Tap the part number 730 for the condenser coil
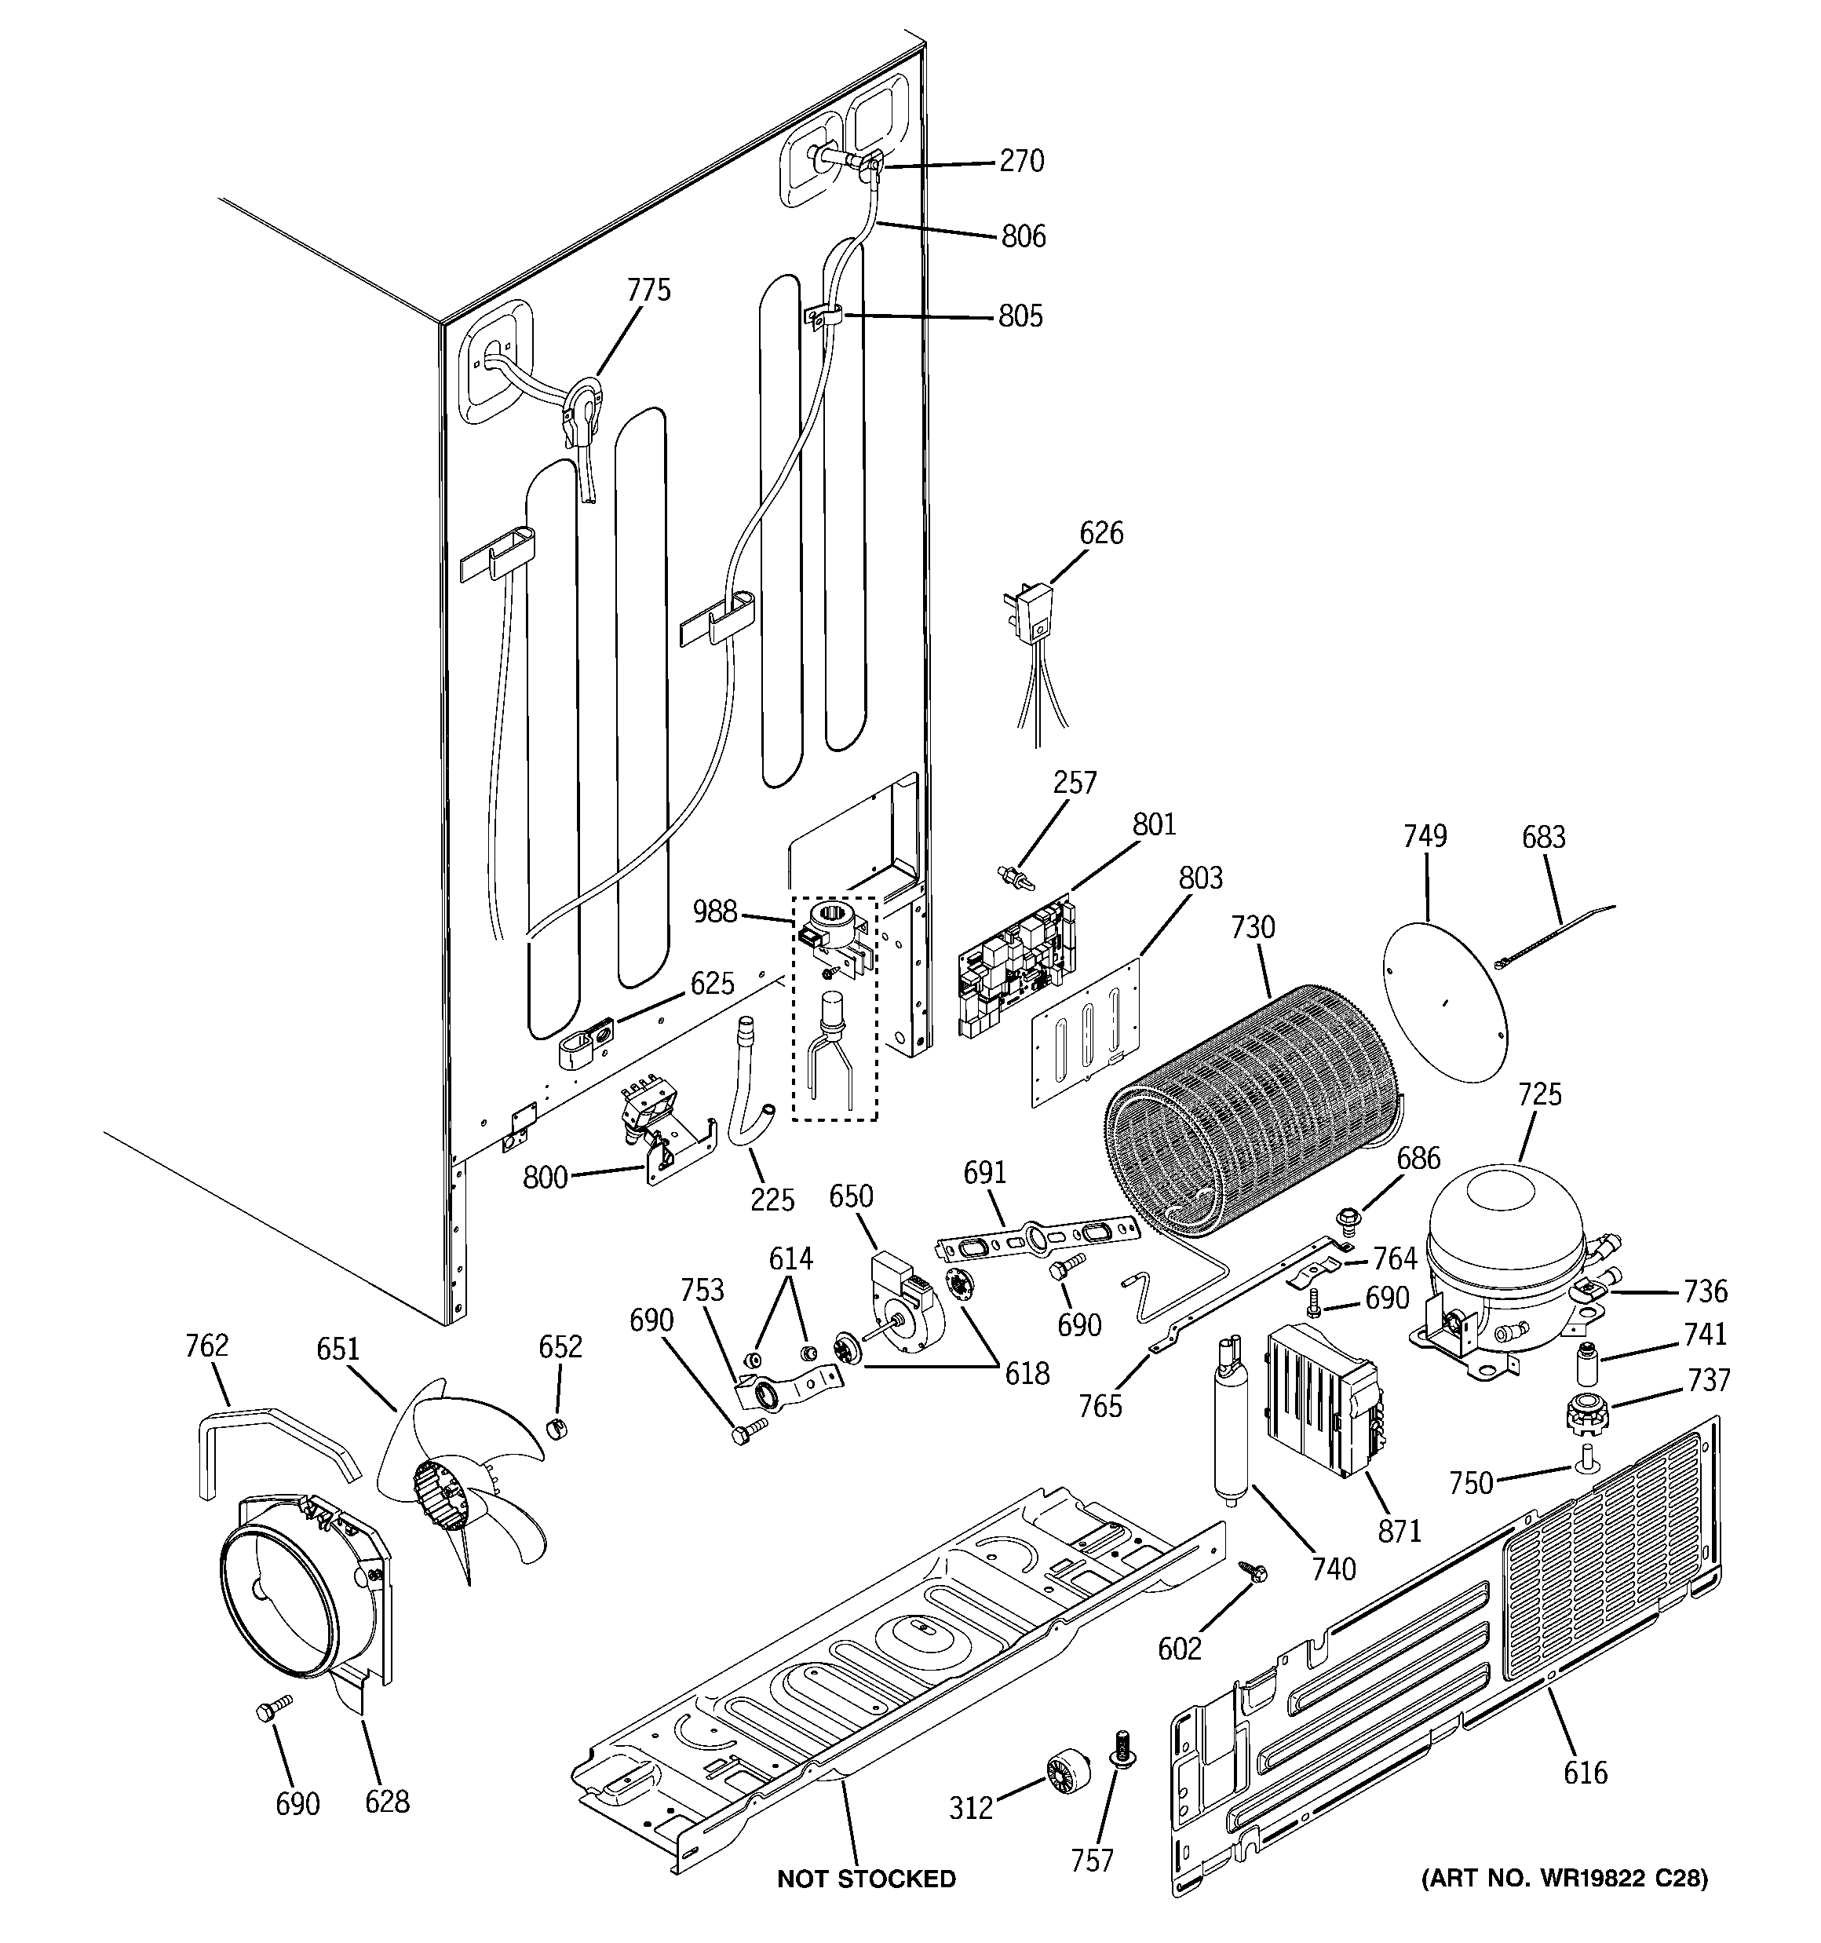1253,926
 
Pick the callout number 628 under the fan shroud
387,1801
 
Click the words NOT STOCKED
866,1879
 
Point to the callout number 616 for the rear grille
1585,1772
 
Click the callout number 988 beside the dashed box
714,912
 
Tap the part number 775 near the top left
649,290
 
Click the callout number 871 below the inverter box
1400,1532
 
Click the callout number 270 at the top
1021,161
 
